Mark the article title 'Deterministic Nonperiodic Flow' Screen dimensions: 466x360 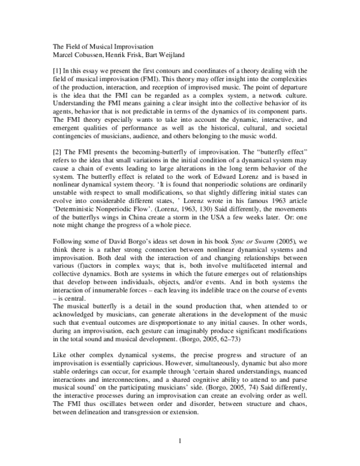pyautogui.click(x=100, y=207)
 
